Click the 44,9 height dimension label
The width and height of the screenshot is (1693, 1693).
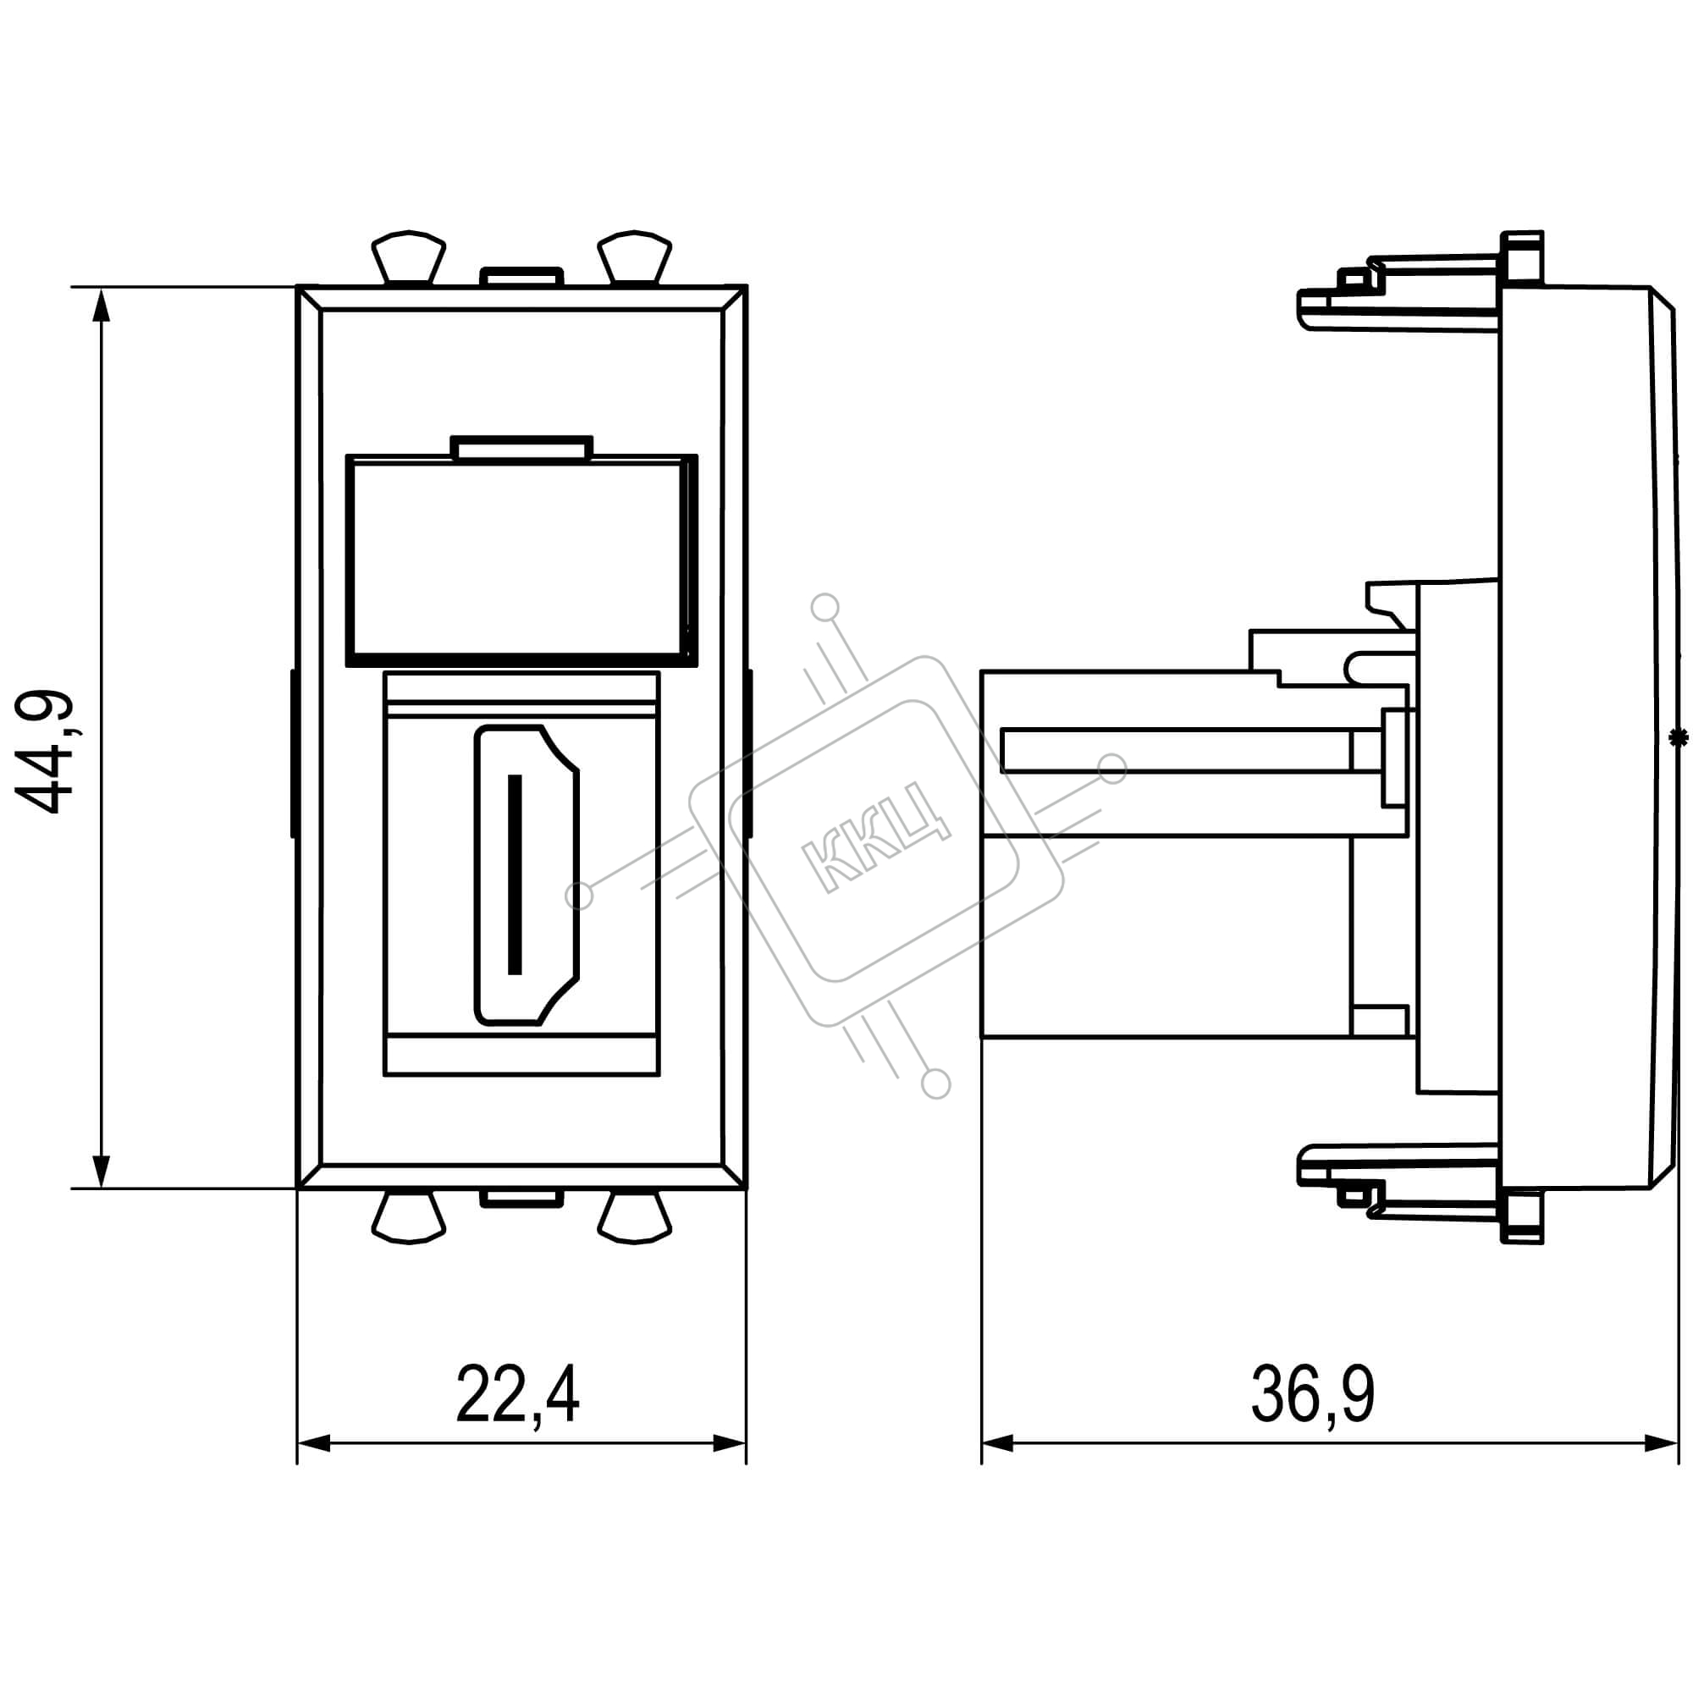pyautogui.click(x=44, y=753)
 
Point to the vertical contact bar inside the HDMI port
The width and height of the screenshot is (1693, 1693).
pyautogui.click(x=516, y=874)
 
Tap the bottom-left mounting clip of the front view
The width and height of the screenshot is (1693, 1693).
pyautogui.click(x=409, y=1217)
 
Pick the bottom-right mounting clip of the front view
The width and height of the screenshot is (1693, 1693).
pyautogui.click(x=634, y=1217)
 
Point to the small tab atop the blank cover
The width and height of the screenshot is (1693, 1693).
pyautogui.click(x=521, y=448)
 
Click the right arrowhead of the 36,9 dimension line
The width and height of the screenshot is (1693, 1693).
pyautogui.click(x=1662, y=1443)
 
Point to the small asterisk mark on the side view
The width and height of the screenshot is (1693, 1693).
pyautogui.click(x=1677, y=739)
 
